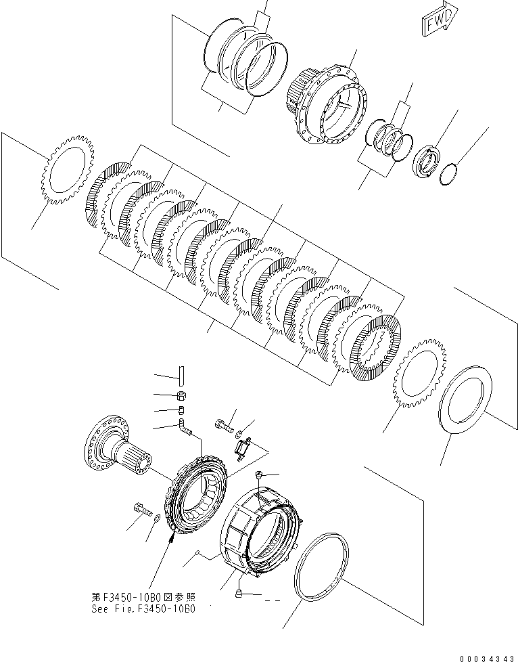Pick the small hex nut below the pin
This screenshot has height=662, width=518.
click(181, 395)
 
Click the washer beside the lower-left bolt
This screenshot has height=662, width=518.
click(157, 518)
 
